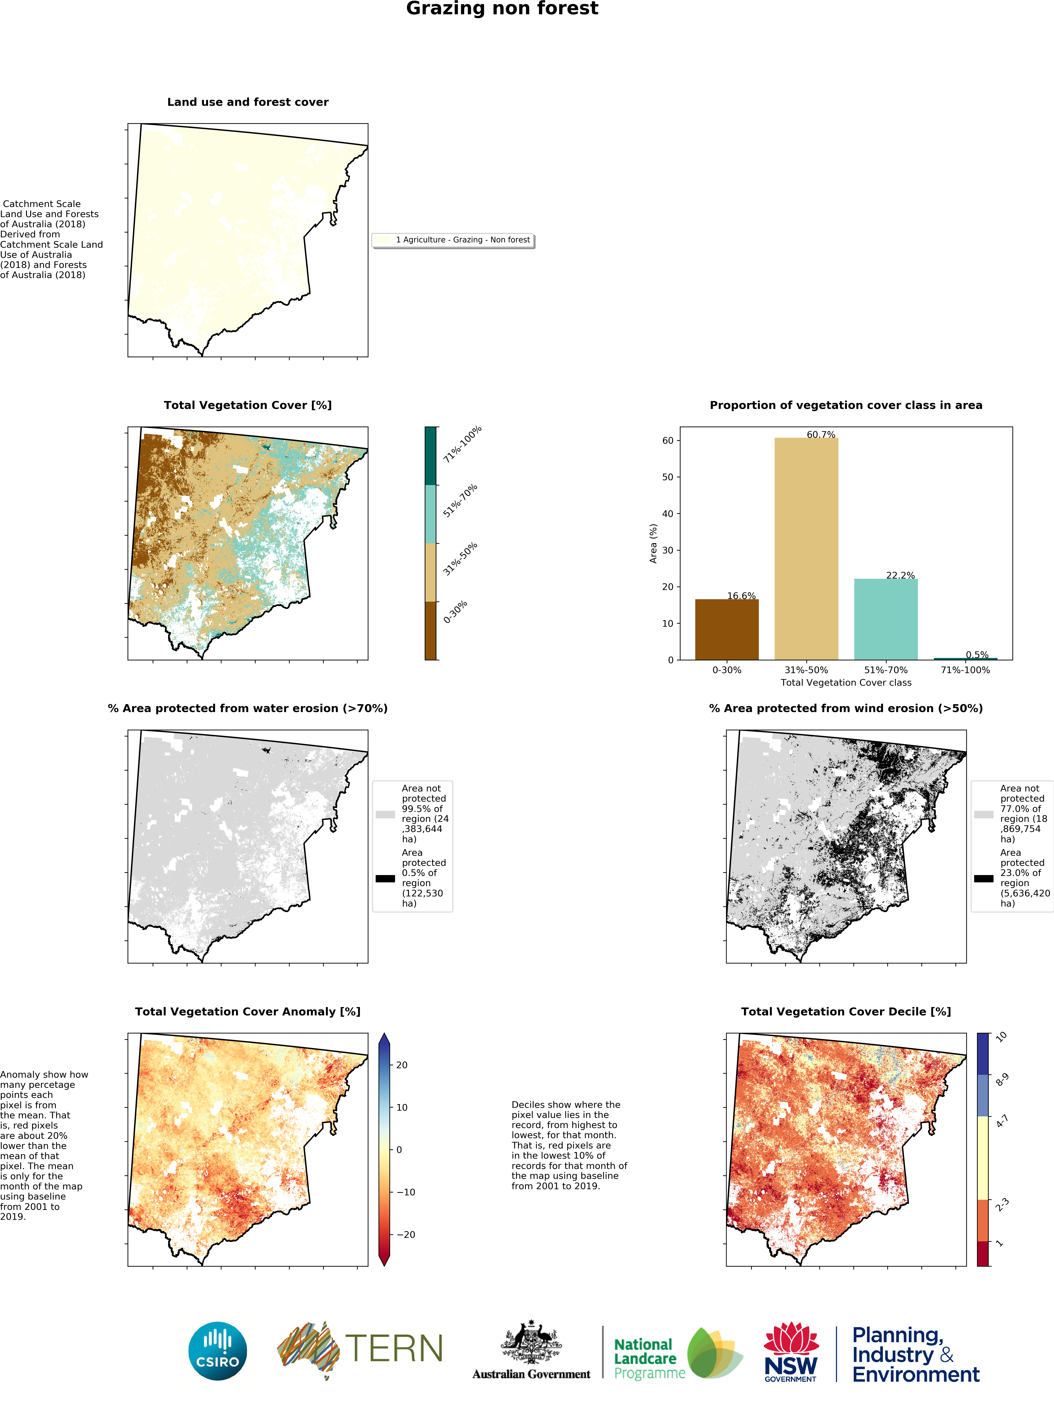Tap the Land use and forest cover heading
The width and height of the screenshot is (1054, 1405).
(248, 102)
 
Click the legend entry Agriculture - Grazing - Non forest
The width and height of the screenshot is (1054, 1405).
(462, 240)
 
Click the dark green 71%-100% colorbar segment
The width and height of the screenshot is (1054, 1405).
(430, 455)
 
